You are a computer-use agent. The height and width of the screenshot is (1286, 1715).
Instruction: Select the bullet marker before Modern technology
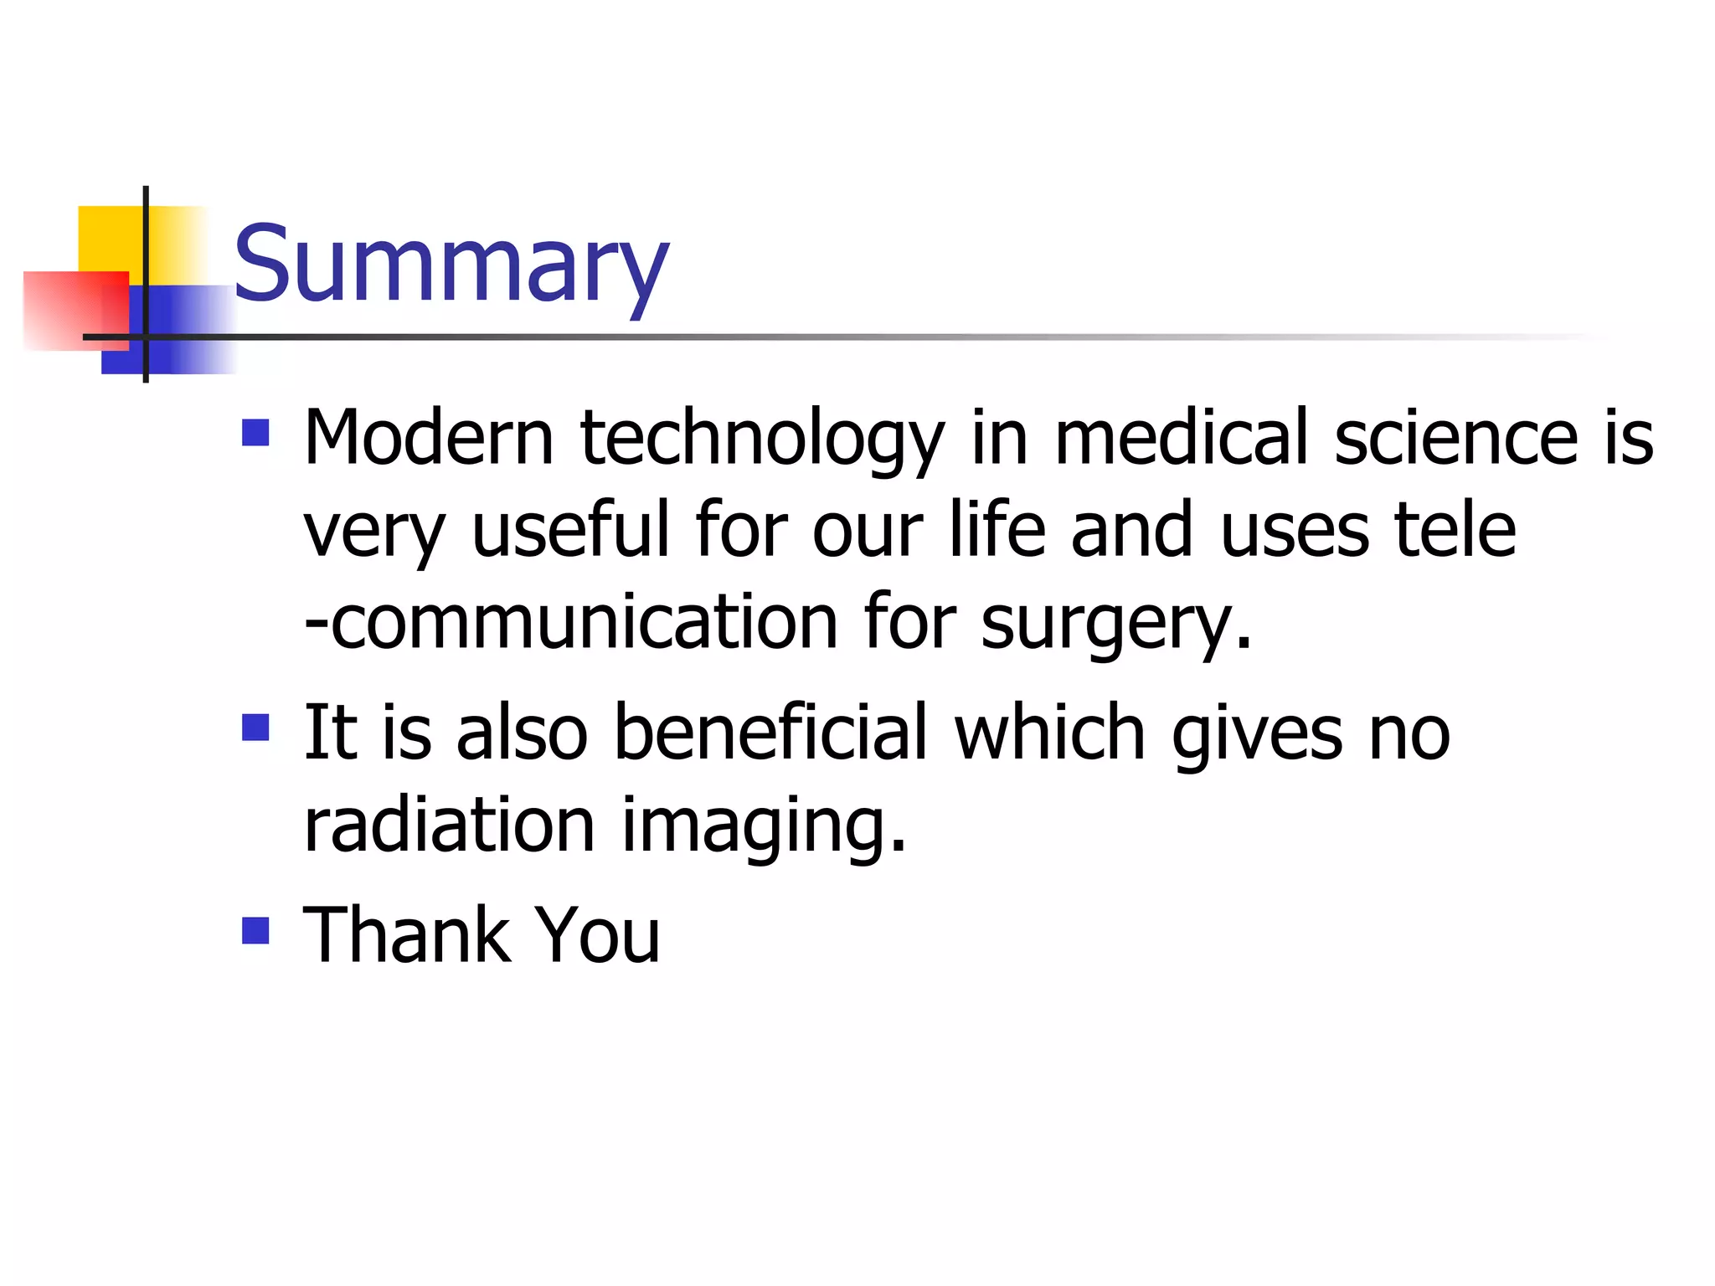(255, 433)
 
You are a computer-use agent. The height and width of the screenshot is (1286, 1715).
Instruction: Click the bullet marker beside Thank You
(255, 930)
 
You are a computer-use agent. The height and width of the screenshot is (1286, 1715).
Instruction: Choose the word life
(997, 529)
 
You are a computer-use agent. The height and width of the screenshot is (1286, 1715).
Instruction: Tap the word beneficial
(770, 732)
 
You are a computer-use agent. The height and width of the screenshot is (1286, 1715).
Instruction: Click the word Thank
(407, 934)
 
